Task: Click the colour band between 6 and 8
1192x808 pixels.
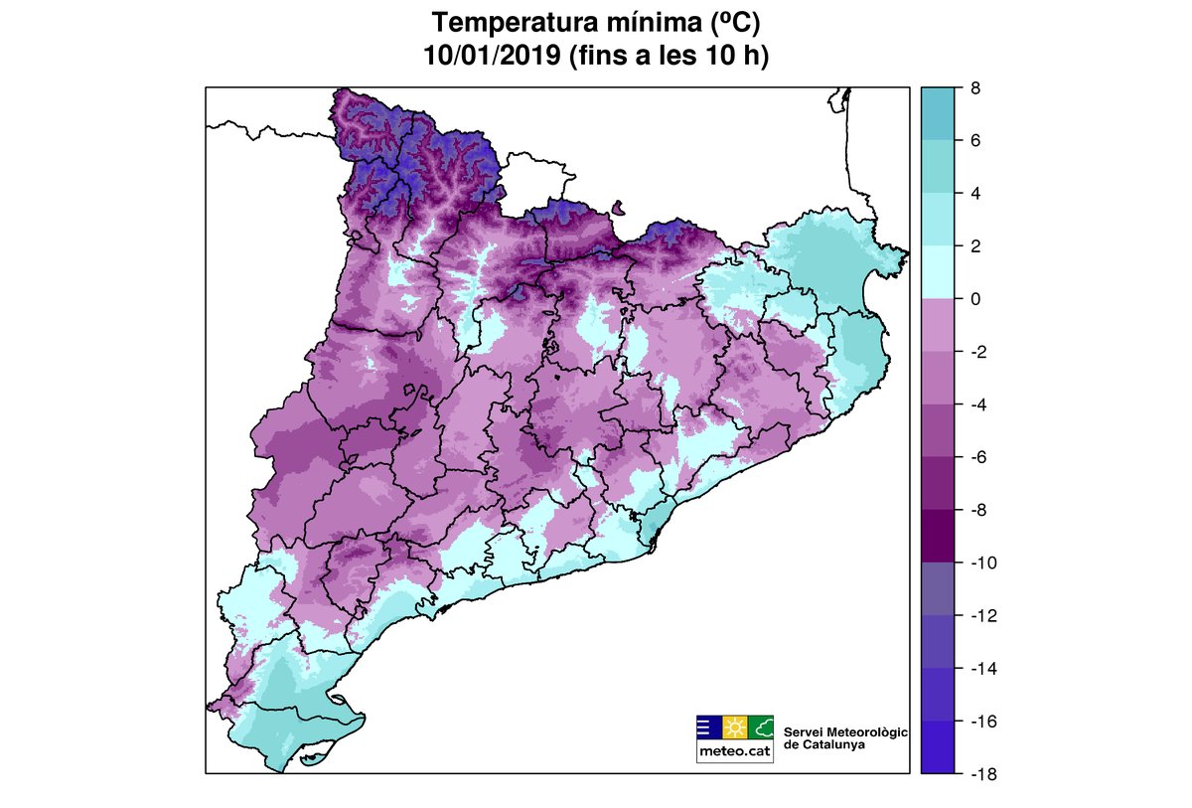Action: [x=938, y=113]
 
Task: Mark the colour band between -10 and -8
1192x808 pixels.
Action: [x=938, y=536]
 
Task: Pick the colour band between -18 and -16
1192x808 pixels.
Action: [x=938, y=746]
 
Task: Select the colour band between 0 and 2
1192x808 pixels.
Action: [x=938, y=271]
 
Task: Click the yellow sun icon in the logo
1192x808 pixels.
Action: [x=734, y=727]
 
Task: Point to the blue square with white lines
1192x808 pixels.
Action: [x=708, y=727]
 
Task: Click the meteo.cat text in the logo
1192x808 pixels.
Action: [x=734, y=751]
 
